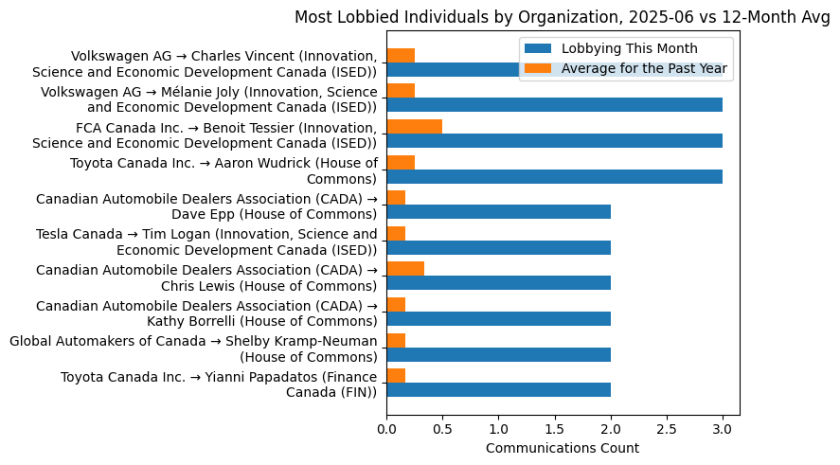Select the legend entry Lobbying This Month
629,49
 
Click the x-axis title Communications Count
563,448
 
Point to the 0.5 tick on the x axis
442,429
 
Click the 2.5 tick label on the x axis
667,429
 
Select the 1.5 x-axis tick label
554,429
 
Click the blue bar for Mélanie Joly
554,105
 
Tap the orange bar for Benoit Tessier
414,127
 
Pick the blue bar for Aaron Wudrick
554,176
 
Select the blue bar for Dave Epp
498,212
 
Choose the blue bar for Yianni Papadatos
498,389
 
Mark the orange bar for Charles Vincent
401,56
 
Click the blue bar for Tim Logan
498,247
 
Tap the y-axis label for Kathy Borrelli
206,313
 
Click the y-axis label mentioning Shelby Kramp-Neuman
193,349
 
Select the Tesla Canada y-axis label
206,242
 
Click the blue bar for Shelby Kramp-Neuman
498,354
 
